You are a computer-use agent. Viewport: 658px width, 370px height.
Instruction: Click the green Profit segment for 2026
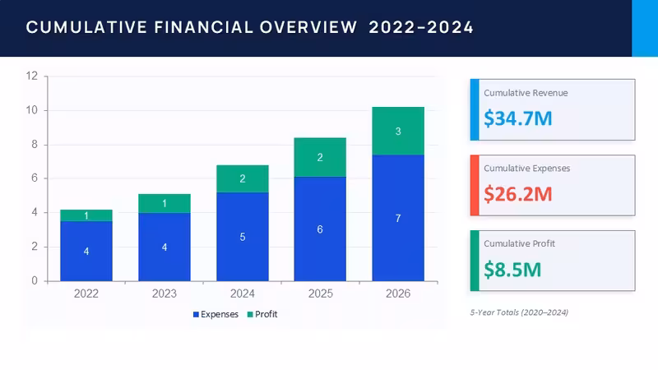tap(398, 131)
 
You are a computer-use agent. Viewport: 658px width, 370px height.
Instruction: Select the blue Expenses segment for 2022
tap(86, 251)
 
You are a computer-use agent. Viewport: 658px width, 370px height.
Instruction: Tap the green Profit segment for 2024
tap(243, 178)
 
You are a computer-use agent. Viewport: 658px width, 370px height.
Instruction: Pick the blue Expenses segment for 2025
tap(320, 229)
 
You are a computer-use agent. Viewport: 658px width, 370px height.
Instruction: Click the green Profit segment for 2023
tap(164, 203)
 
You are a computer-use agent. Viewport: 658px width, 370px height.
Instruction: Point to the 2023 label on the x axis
tap(164, 294)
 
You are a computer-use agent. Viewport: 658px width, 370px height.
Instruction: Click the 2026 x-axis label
tap(398, 294)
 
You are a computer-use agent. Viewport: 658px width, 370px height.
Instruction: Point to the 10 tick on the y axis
tap(32, 110)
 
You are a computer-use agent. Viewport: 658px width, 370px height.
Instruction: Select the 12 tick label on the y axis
tap(32, 76)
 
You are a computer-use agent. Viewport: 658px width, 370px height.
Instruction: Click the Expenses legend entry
tap(215, 314)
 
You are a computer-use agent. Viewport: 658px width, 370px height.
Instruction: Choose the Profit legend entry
tap(262, 314)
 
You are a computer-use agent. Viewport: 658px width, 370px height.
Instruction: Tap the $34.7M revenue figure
tap(518, 118)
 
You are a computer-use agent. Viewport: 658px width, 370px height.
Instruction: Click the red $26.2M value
tap(518, 194)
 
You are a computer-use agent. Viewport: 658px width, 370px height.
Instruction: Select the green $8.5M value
tap(512, 270)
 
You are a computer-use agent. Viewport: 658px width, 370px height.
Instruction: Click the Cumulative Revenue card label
tap(526, 93)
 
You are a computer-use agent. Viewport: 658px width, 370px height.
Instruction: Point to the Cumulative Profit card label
tap(520, 243)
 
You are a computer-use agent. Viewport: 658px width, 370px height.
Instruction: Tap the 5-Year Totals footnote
tap(519, 312)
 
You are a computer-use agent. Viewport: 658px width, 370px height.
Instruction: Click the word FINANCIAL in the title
tap(203, 28)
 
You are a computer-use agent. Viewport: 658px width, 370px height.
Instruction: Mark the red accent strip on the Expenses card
tap(475, 186)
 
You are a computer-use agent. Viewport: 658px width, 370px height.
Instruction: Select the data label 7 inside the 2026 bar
tap(398, 218)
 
